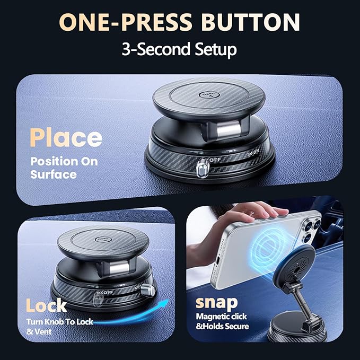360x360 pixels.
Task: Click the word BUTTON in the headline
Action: pyautogui.click(x=251, y=22)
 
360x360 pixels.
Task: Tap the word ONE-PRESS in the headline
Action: pyautogui.click(x=126, y=22)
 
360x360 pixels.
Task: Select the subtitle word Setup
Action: pyautogui.click(x=216, y=49)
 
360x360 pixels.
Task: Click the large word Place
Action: pyautogui.click(x=66, y=137)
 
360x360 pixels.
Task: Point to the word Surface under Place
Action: pyautogui.click(x=54, y=174)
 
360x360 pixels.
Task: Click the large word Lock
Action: pyautogui.click(x=46, y=305)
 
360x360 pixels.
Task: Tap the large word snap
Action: pyautogui.click(x=216, y=303)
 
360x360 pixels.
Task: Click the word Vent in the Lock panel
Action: pyautogui.click(x=43, y=331)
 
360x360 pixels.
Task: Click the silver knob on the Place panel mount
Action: pyautogui.click(x=203, y=169)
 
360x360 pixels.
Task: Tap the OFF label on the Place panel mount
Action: pyautogui.click(x=215, y=159)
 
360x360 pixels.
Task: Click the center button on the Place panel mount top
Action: pyautogui.click(x=209, y=95)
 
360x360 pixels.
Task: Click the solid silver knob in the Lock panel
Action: pyautogui.click(x=147, y=289)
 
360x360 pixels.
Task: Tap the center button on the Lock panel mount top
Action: pyautogui.click(x=103, y=240)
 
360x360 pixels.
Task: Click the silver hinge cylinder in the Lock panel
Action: pyautogui.click(x=119, y=268)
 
